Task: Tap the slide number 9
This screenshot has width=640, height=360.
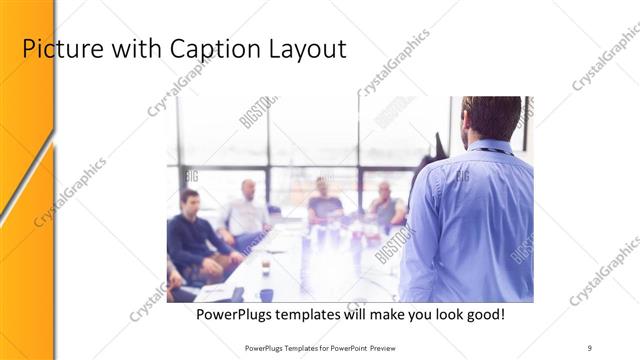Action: tap(590, 347)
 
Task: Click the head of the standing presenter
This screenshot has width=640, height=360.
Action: tap(491, 117)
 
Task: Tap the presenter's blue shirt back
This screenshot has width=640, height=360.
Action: tap(470, 220)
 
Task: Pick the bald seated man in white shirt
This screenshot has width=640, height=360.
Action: tap(245, 212)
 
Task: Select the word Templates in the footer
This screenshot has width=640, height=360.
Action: tap(297, 347)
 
